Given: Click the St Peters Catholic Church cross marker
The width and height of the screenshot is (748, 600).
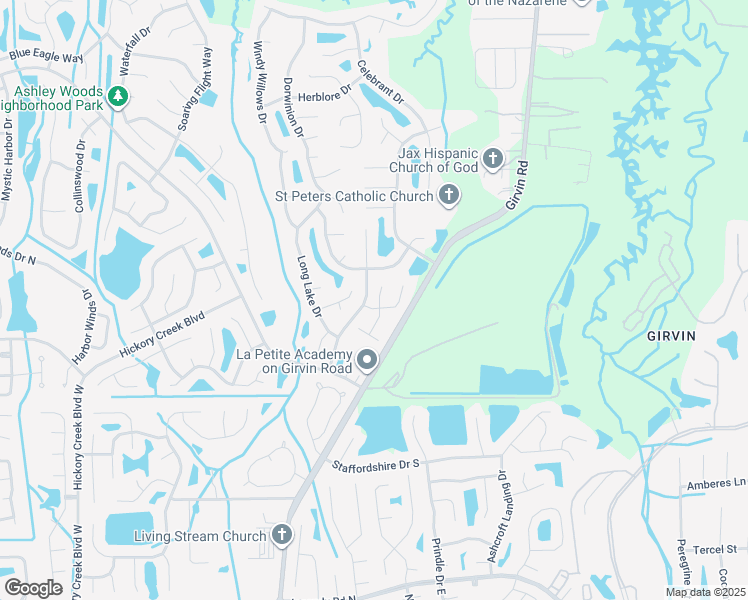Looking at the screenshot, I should [449, 196].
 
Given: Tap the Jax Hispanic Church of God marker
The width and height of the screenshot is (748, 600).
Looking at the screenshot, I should [492, 158].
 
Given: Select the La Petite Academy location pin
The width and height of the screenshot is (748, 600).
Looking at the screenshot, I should [368, 360].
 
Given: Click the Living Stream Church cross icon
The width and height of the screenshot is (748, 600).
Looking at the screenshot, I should [281, 536].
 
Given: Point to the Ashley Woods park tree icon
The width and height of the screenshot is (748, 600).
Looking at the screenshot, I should [119, 97].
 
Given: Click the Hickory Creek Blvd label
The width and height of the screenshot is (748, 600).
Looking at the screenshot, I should [162, 334].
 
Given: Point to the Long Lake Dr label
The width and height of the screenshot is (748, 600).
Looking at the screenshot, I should [309, 285].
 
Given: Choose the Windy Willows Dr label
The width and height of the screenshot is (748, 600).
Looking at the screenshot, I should [260, 81].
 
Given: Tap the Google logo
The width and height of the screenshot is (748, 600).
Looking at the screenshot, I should [33, 588].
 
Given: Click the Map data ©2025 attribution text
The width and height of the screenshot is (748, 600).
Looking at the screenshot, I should [706, 593].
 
